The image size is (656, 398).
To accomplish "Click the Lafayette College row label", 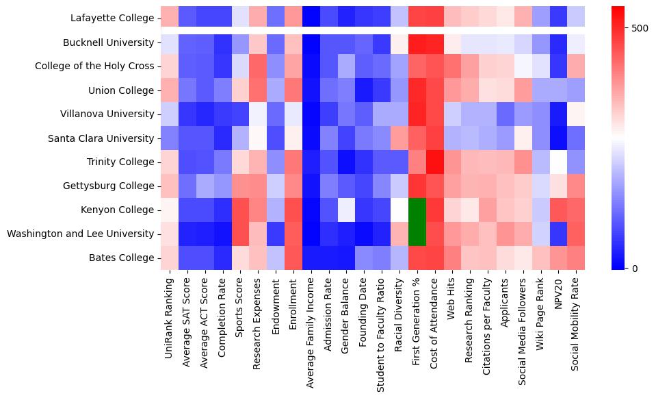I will pos(113,18).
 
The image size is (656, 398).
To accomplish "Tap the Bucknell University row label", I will pos(108,42).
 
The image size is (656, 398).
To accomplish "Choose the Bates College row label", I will pos(121,258).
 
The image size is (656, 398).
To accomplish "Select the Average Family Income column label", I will pos(311,329).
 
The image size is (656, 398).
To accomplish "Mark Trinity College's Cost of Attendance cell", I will pos(436,162).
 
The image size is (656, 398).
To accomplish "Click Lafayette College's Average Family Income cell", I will pos(311,18).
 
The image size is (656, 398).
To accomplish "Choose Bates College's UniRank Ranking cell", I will pos(169,258).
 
